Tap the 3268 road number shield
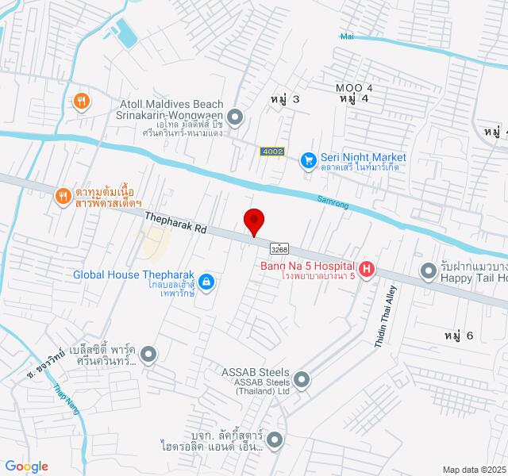[x=279, y=248]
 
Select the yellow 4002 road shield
[x=271, y=151]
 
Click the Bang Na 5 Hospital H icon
[x=366, y=270]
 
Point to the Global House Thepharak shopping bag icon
[x=206, y=281]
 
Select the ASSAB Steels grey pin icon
[x=301, y=379]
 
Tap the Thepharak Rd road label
[x=176, y=221]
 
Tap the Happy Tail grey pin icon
[x=428, y=271]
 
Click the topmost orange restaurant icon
[x=81, y=101]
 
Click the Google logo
[x=26, y=466]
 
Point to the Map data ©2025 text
[x=473, y=470]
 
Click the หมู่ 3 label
[x=286, y=99]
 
